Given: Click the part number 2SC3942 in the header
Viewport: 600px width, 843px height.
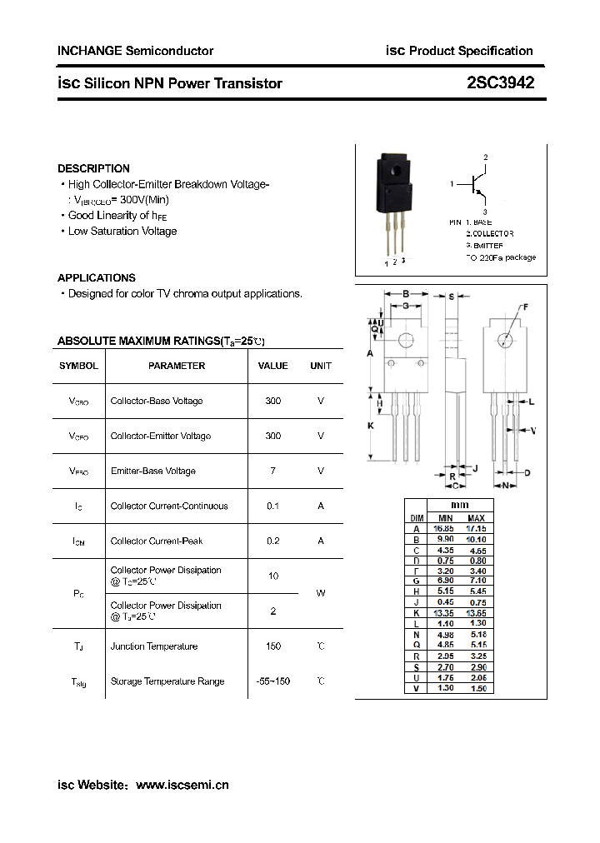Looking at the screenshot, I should (x=500, y=82).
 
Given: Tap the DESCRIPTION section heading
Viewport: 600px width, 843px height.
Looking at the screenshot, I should (x=93, y=168).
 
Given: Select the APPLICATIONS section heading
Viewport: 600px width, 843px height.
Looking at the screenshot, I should (x=96, y=277).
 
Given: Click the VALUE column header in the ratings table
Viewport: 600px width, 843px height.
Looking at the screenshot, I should (x=272, y=366).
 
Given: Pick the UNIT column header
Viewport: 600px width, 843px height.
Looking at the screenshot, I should (x=321, y=366).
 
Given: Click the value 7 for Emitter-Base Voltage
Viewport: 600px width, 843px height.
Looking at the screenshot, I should (x=272, y=471).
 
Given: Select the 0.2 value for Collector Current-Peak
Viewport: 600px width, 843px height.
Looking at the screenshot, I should (x=272, y=541).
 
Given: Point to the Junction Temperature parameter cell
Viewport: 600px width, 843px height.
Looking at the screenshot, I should (x=154, y=646).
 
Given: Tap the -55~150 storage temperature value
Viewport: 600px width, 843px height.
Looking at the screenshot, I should (x=272, y=681).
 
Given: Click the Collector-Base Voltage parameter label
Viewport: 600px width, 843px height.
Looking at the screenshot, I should (x=157, y=401).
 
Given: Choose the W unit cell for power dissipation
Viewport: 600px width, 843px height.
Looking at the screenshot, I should (x=321, y=593).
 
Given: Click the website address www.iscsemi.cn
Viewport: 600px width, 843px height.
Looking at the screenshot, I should (x=182, y=785).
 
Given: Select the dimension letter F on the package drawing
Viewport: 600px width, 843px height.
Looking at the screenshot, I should (x=525, y=307).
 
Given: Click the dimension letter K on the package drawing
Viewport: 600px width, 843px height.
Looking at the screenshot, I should (x=370, y=426).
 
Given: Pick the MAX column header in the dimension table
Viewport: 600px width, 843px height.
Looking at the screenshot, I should (x=476, y=518).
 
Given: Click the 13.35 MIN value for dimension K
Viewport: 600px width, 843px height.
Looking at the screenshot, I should (x=445, y=612).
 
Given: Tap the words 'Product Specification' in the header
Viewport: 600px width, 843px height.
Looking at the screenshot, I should (x=471, y=51).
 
